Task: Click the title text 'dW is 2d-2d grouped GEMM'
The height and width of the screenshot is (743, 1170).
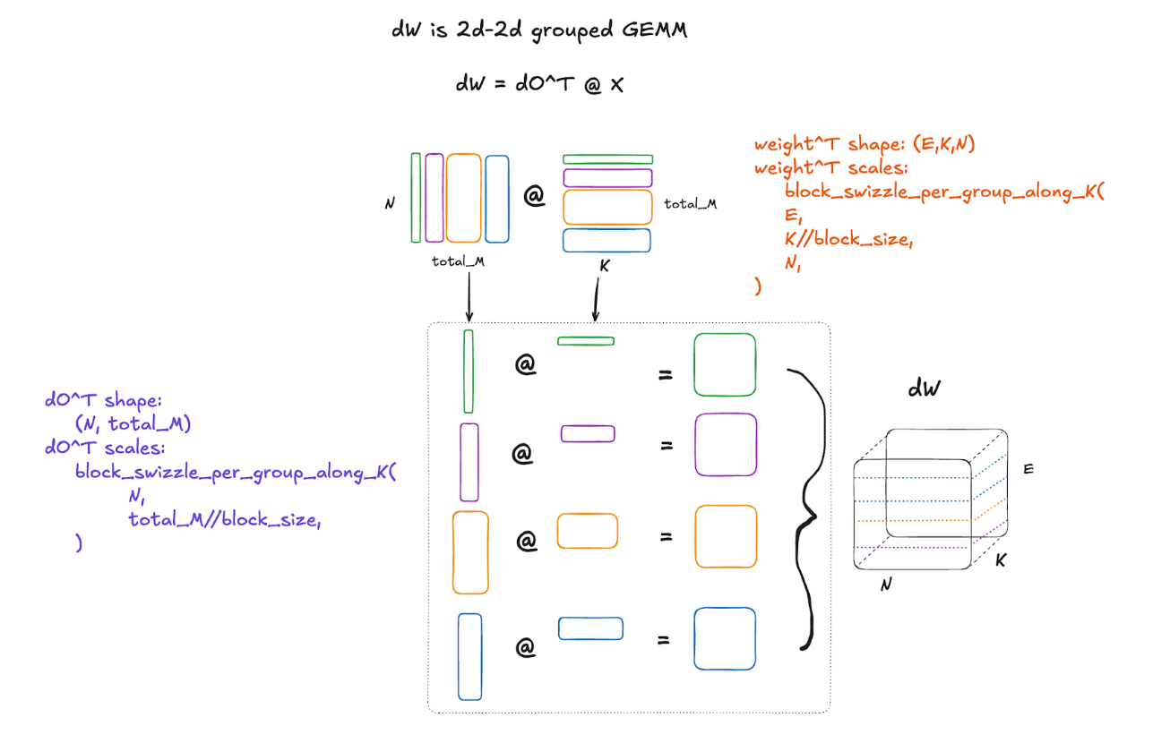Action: click(539, 30)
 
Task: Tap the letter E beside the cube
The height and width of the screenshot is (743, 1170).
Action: click(1028, 468)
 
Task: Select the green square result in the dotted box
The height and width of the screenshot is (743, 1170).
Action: click(725, 364)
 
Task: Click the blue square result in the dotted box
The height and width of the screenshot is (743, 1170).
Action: click(725, 638)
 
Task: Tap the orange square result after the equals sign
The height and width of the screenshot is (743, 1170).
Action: click(725, 536)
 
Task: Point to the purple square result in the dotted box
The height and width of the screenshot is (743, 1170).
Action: click(725, 444)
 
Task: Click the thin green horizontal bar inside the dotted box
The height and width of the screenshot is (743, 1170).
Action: click(586, 340)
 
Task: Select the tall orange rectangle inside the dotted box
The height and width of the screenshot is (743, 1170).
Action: click(470, 551)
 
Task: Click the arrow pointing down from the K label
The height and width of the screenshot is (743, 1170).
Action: click(594, 296)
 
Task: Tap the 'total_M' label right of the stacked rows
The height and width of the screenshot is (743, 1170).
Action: click(690, 204)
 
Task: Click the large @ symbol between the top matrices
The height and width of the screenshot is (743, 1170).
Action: click(535, 197)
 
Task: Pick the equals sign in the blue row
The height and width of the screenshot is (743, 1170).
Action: click(665, 640)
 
